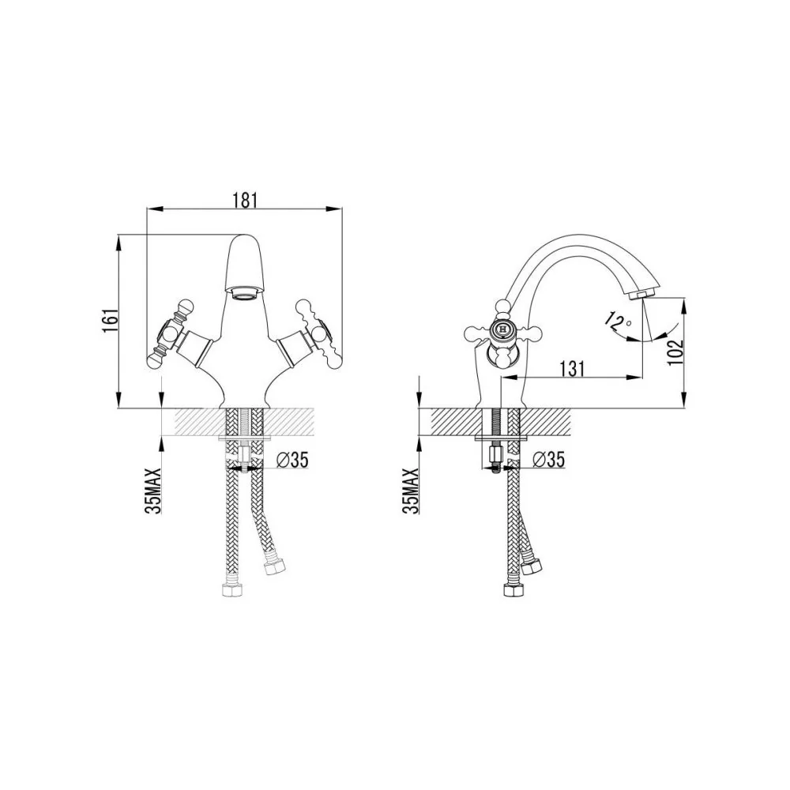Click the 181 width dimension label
tap(246, 200)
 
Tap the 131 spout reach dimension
tap(573, 368)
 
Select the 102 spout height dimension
tap(675, 352)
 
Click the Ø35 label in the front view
tap(292, 460)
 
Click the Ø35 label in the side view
tap(549, 460)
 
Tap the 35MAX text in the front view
tap(152, 491)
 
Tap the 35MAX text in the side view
tap(411, 491)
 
